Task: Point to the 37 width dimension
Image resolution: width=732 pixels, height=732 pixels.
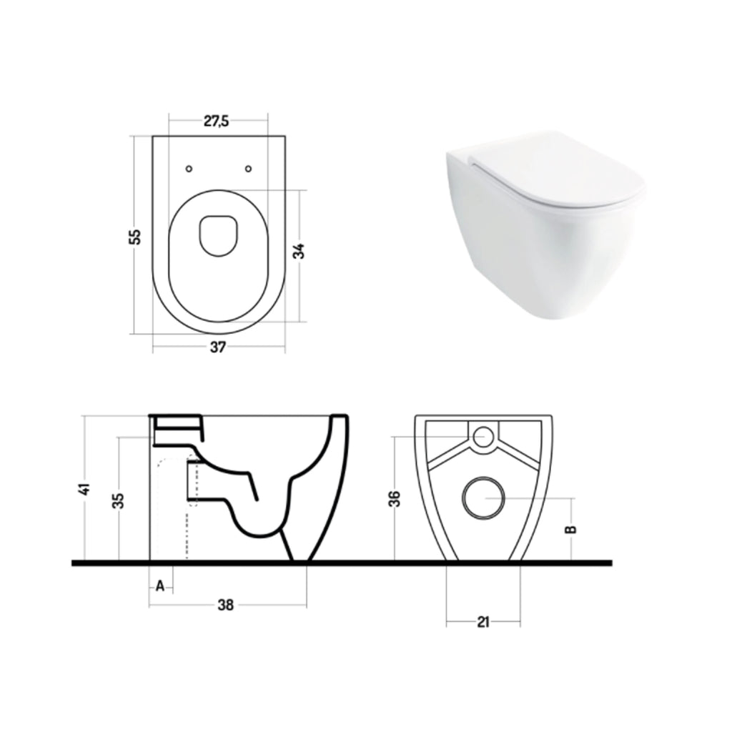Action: click(218, 347)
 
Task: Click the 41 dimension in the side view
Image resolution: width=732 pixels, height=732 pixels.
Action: click(85, 489)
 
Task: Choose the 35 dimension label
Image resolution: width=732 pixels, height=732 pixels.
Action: click(119, 500)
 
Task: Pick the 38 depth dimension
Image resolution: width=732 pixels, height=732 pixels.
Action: click(225, 605)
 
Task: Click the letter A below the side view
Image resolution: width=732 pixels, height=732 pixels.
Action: click(160, 586)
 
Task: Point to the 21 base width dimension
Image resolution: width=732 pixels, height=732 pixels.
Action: click(483, 622)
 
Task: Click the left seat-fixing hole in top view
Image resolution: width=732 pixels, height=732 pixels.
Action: click(189, 169)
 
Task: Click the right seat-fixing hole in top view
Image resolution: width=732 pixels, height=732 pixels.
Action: click(248, 169)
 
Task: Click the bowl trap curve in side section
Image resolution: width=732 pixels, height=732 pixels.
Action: click(257, 525)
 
